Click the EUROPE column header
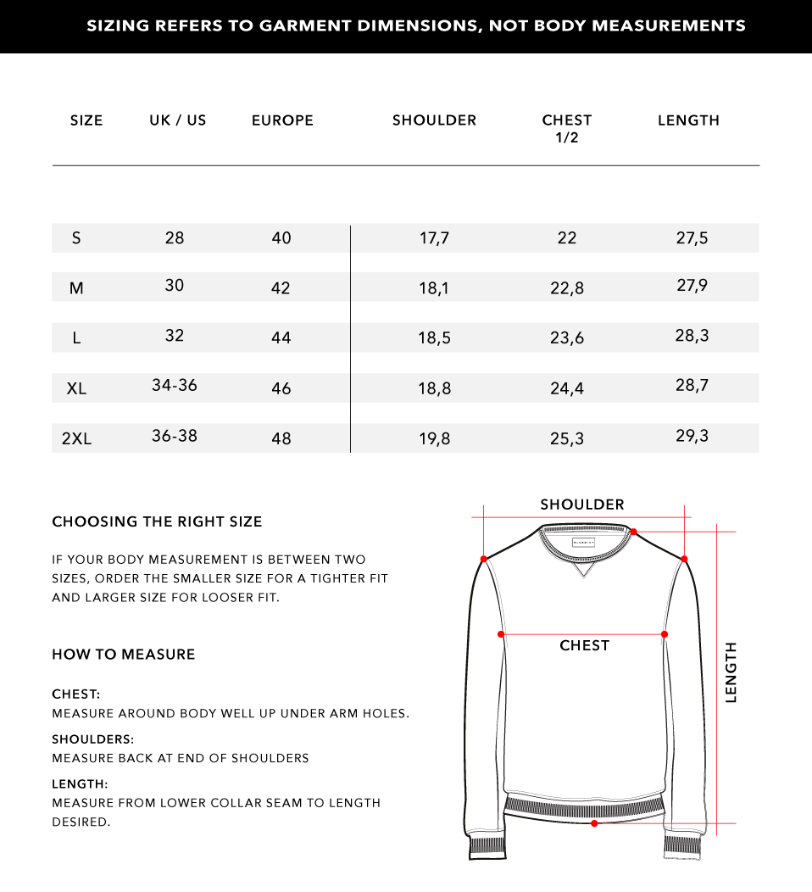coord(282,120)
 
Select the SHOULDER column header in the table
coord(434,120)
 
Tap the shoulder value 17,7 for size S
coord(434,238)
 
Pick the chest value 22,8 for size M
coord(567,288)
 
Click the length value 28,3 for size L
coord(692,336)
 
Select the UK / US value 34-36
coord(175,385)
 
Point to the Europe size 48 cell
coord(281,438)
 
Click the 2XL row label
coord(76,438)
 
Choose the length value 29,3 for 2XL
coord(692,436)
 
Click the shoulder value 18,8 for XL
coord(434,388)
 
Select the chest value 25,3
coord(567,438)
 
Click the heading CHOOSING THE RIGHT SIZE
coord(157,521)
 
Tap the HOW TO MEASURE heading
coord(124,655)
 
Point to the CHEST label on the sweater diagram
coord(584,646)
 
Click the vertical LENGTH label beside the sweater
coord(731,672)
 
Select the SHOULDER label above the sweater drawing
coord(582,505)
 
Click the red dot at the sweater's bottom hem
coord(594,823)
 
